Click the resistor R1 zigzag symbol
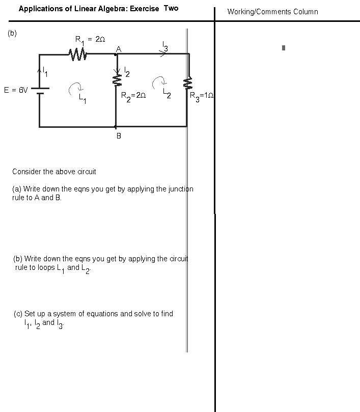(x=78, y=54)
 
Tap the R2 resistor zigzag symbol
(x=117, y=80)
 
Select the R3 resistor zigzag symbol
(x=187, y=83)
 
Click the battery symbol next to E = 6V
(x=40, y=91)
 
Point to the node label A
(x=119, y=49)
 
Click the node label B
(x=119, y=136)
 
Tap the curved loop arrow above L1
(x=76, y=89)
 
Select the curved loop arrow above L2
(x=159, y=82)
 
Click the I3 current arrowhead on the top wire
(x=163, y=53)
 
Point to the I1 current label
(x=45, y=72)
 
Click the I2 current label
(x=127, y=72)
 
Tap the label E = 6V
(x=16, y=90)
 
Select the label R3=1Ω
(x=202, y=96)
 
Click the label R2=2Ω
(x=133, y=96)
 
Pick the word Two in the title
(x=171, y=8)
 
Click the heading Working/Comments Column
(x=273, y=12)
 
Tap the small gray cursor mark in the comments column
(x=284, y=48)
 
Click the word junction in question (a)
(x=181, y=189)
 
